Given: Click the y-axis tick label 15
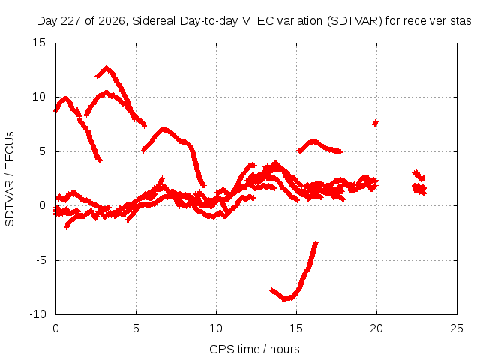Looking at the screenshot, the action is pos(39,43).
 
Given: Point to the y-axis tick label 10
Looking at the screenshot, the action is pos(39,97).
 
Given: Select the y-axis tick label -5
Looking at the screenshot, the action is pos(41,260).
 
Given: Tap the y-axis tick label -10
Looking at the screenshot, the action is pos(37,314).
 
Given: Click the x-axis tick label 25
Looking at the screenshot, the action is pos(457,328).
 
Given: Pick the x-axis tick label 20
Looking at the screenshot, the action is pos(376,328).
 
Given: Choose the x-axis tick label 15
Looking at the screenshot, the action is pos(296,328).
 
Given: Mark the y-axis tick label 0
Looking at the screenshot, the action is pos(43,205).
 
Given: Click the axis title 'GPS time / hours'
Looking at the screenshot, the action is pos(254,349).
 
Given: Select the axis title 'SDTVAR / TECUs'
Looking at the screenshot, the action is pos(10,179).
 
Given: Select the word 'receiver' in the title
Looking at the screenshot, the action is pos(422,21).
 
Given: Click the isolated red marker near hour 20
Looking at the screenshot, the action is pos(375,123).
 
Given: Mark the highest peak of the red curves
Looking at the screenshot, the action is pos(106,67).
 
